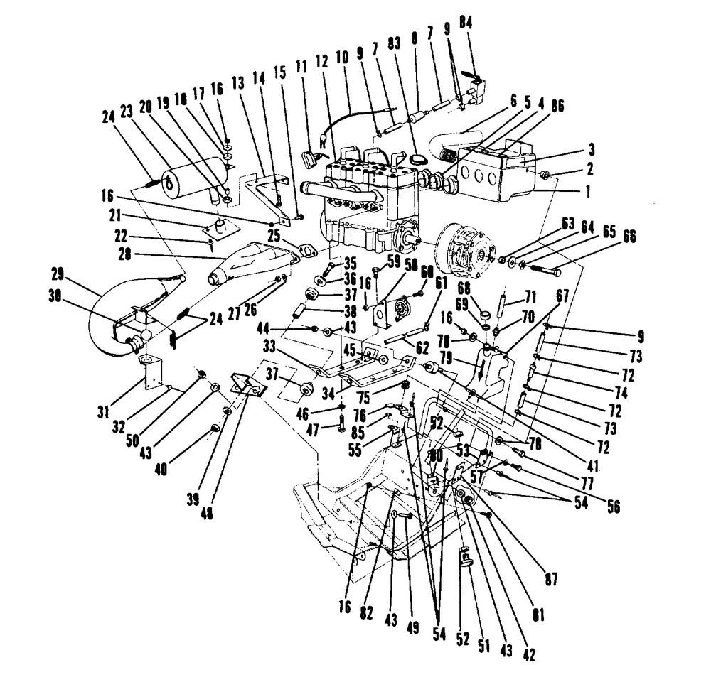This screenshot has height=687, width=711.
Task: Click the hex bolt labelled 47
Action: pos(341,426)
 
